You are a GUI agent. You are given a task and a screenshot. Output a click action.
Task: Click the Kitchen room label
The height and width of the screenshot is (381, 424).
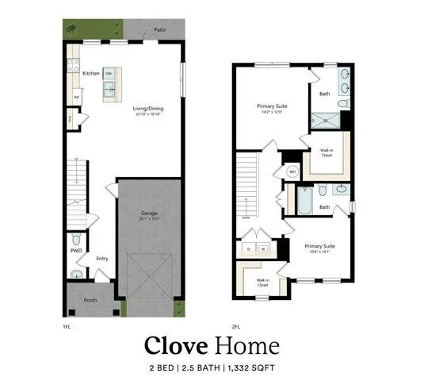click(x=90, y=74)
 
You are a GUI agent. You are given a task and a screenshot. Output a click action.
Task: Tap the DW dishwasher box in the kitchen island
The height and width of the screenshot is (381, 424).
click(x=108, y=73)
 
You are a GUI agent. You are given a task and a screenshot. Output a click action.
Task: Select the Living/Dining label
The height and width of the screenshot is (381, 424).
click(x=147, y=108)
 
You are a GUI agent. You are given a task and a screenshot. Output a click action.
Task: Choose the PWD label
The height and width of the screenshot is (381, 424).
click(x=75, y=250)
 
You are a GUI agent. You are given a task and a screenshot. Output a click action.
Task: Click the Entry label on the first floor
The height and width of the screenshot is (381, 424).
click(x=102, y=258)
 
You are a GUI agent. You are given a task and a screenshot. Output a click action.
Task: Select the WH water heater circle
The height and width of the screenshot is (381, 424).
click(x=292, y=171)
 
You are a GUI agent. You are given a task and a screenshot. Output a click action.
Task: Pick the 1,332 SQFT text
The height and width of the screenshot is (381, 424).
click(x=253, y=368)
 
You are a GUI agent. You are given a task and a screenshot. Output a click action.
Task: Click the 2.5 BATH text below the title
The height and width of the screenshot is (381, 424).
click(x=202, y=368)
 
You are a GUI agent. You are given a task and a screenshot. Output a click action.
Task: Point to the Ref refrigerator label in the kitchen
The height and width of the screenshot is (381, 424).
click(x=77, y=98)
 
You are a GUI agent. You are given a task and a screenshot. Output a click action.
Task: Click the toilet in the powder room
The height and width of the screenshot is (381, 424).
click(x=75, y=239)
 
